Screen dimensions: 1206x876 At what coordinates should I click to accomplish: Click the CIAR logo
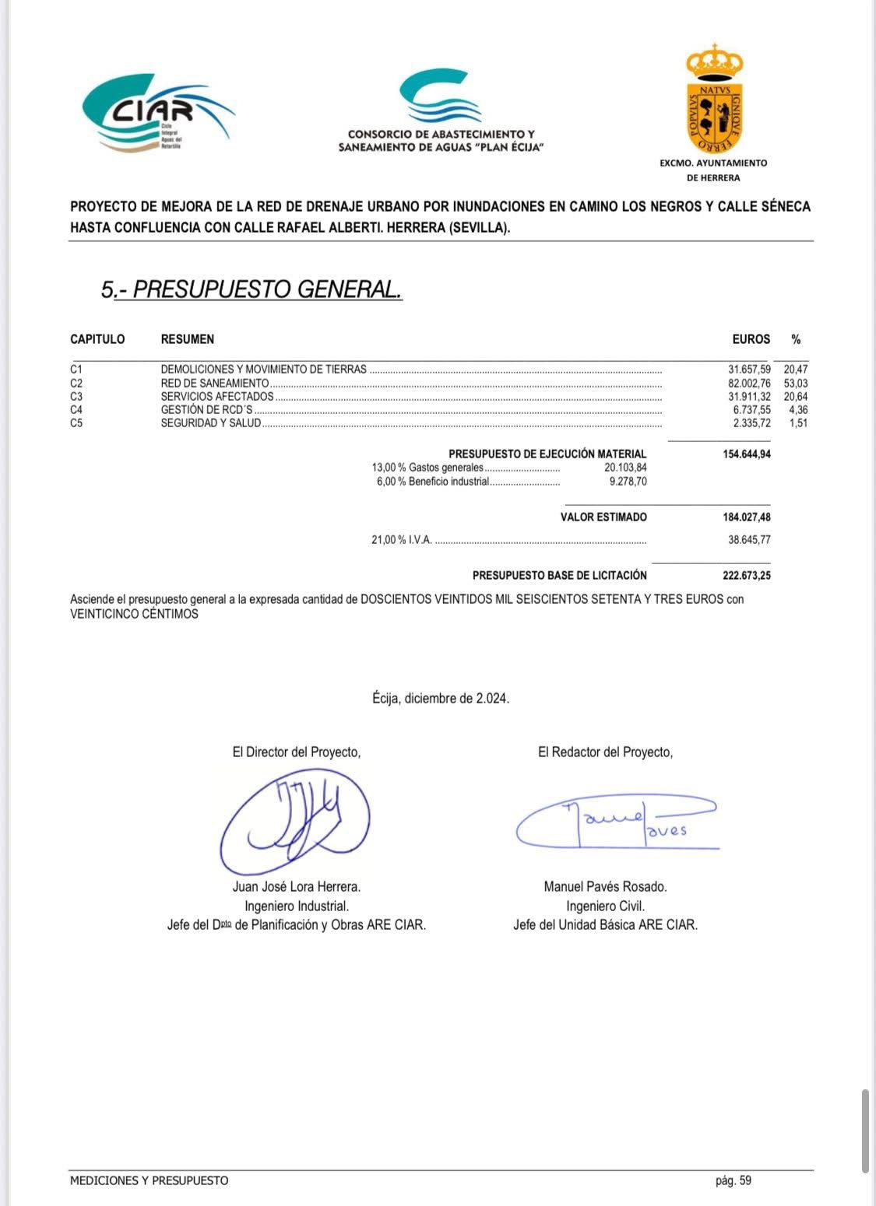[156, 113]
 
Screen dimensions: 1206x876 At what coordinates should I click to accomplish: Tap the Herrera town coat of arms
[714, 100]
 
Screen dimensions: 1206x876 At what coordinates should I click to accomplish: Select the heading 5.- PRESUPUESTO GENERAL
[252, 289]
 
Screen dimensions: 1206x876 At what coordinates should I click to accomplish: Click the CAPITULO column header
[97, 339]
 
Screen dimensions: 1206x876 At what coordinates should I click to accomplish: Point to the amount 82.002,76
[749, 383]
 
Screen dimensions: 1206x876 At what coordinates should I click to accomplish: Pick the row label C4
[76, 409]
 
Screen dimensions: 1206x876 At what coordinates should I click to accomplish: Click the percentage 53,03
[796, 383]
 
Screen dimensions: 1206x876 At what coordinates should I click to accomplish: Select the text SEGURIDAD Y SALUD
[211, 423]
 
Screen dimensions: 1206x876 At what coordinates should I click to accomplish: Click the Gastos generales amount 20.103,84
[625, 468]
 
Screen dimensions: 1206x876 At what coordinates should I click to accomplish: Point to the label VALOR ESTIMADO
[603, 517]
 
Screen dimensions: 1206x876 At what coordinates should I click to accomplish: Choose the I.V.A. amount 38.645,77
[749, 539]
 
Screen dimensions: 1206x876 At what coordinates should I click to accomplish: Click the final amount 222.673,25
[741, 576]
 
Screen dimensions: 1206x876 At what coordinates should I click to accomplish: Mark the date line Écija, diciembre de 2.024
[441, 699]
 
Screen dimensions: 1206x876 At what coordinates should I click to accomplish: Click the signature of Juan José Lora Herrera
[294, 820]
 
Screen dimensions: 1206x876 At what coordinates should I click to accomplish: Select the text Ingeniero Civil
[605, 906]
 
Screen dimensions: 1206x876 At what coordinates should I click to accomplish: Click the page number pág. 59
[734, 1180]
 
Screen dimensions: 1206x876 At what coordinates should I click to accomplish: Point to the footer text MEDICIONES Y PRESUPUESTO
[150, 1180]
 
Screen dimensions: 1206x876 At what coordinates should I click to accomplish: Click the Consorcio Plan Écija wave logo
[440, 97]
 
